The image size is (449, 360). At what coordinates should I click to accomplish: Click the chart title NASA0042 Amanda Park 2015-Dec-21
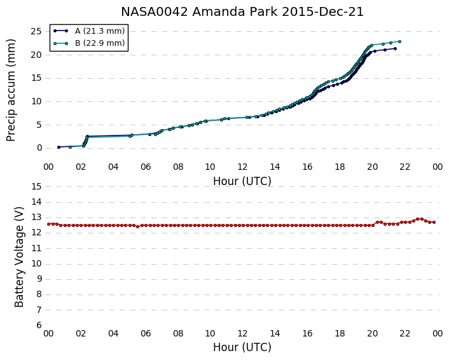pos(242,12)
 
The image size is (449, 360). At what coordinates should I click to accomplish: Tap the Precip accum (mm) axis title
pos(11,90)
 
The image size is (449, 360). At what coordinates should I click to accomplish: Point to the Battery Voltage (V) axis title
pos(19,257)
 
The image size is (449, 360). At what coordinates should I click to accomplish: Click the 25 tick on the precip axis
pos(36,31)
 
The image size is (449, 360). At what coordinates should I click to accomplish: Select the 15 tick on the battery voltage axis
pos(36,187)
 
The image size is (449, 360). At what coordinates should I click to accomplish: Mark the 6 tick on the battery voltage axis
pos(39,326)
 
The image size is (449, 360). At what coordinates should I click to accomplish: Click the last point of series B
pos(399,41)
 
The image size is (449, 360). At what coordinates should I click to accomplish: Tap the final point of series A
pos(395,49)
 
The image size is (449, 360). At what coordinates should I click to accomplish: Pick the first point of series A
pos(59,147)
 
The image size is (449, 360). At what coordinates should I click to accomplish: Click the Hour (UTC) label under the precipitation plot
pos(242,181)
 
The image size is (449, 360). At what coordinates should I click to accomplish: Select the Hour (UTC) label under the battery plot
pos(242,347)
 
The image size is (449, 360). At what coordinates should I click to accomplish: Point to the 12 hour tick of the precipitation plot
pos(242,167)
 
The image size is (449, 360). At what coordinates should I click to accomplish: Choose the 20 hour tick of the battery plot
pos(372,333)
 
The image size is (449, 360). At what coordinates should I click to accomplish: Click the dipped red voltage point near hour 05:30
pos(137,226)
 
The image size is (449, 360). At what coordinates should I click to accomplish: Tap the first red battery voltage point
pos(48,224)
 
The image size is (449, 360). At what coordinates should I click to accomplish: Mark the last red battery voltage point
pos(434,222)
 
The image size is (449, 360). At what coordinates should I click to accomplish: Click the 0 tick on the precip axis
pos(39,148)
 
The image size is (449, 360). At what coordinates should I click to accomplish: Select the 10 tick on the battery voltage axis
pos(36,264)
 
